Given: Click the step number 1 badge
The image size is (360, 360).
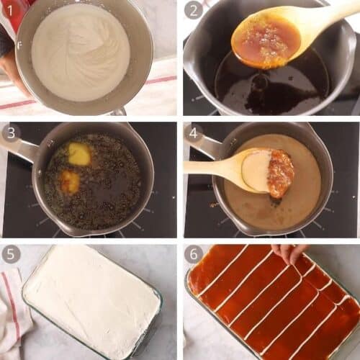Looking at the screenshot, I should point(12,11).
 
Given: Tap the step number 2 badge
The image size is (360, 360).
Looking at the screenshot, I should point(193,11).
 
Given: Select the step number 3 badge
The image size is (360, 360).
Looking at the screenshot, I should point(12,133).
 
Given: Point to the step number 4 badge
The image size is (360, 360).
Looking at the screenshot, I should point(193,133).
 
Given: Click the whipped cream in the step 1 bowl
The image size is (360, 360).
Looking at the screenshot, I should point(79,54).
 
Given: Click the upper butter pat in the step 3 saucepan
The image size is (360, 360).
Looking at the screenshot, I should point(79,153).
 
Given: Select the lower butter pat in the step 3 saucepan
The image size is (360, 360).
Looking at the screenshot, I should point(70,181).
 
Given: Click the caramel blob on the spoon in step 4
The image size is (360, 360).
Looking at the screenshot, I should point(280,174).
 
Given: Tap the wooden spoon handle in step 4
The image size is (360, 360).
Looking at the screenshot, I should point(209,167).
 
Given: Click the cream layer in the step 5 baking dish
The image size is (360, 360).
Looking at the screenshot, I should point(90,299).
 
